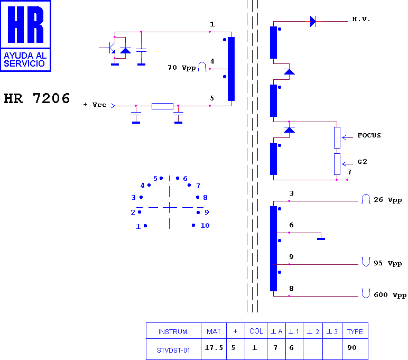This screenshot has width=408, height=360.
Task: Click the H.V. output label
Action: pyautogui.click(x=361, y=19)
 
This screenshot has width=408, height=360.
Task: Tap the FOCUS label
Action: pyautogui.click(x=369, y=135)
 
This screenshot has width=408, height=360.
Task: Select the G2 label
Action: pyautogui.click(x=362, y=162)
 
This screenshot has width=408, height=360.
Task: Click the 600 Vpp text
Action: pyautogui.click(x=390, y=295)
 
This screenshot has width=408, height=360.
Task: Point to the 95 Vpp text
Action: pyautogui.click(x=388, y=263)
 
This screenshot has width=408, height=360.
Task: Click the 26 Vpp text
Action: pyautogui.click(x=388, y=200)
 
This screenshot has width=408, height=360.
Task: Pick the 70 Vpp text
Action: pyautogui.click(x=182, y=68)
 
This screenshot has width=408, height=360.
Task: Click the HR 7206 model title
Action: pyautogui.click(x=37, y=99)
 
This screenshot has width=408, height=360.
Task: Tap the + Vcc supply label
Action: pyautogui.click(x=95, y=105)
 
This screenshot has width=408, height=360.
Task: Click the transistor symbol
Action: pyautogui.click(x=110, y=48)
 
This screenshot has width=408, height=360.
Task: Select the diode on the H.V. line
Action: pyautogui.click(x=313, y=21)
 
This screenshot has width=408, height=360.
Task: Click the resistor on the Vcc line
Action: pyautogui.click(x=162, y=106)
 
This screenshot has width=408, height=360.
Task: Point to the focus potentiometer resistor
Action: pyautogui.click(x=337, y=137)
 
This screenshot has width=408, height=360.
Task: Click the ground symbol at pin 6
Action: pyautogui.click(x=321, y=239)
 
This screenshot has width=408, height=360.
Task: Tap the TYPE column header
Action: pyautogui.click(x=355, y=331)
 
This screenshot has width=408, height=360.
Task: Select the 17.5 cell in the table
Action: pyautogui.click(x=214, y=348)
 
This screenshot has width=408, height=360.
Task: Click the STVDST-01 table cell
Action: pyautogui.click(x=173, y=350)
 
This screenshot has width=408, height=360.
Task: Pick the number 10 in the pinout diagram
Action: pyautogui.click(x=205, y=225)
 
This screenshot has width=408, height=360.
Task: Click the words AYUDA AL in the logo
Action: pyautogui.click(x=25, y=56)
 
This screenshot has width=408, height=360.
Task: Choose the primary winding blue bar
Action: pyautogui.click(x=231, y=69)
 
